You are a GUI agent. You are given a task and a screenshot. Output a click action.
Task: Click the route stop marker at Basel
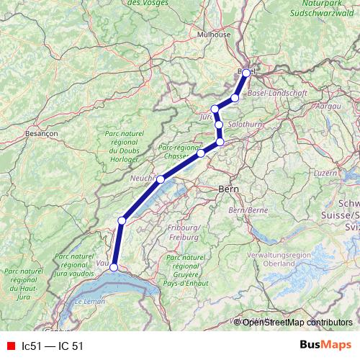tap(246, 73)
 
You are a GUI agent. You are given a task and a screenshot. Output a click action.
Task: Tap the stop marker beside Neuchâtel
tap(161, 179)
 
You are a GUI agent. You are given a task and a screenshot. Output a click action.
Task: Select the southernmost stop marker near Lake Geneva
tap(114, 268)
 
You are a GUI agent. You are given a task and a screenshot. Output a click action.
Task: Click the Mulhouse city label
tap(214, 34)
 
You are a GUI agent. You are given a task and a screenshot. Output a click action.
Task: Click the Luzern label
tap(326, 173)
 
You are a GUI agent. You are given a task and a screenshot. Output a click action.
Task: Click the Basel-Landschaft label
tap(277, 94)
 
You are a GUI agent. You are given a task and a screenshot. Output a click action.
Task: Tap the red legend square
tap(10, 346)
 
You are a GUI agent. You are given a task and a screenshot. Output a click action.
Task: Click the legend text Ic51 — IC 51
tap(53, 346)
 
